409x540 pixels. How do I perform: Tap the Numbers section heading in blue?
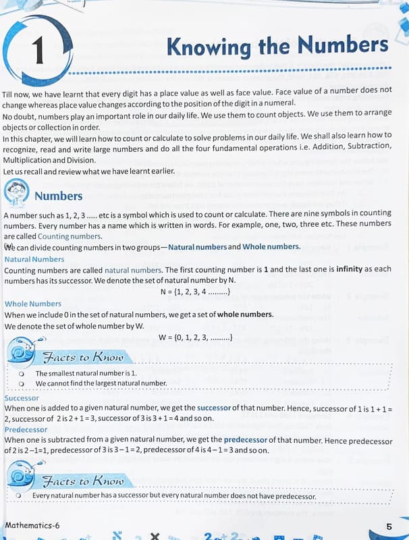[x=58, y=196]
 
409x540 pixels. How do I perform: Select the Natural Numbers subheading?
[x=34, y=259]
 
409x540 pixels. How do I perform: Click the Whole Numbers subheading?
[x=32, y=304]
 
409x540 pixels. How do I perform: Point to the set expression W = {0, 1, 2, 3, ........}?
[x=196, y=337]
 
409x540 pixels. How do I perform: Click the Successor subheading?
[x=22, y=398]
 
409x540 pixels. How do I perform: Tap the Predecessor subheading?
[x=26, y=429]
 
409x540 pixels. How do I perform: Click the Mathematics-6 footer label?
[x=32, y=524]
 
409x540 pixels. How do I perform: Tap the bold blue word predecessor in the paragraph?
[x=246, y=439]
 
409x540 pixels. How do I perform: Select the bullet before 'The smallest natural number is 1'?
[x=22, y=373]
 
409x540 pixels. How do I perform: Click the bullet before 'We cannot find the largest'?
[x=22, y=383]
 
